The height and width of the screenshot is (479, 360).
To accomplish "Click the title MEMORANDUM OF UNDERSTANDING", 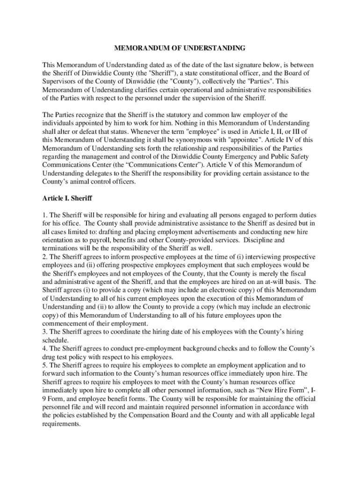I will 180,48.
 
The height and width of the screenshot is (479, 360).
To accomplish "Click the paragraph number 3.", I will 44,332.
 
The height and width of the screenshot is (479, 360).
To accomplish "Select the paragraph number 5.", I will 44,365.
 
